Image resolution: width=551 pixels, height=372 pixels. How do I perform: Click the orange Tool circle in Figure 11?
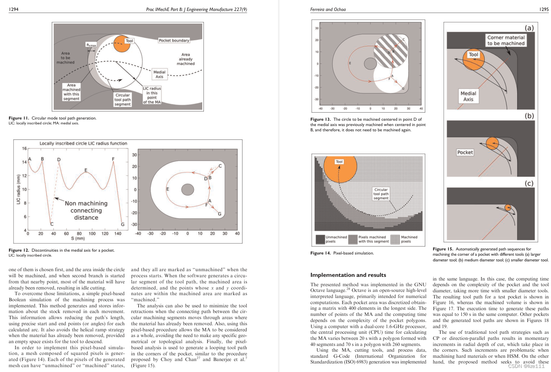(x=122, y=44)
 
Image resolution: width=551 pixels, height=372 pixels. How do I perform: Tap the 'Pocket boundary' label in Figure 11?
(x=174, y=40)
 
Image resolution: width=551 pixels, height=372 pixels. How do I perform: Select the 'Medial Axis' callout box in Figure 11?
(x=160, y=74)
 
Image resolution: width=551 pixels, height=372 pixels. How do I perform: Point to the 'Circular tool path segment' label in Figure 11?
(x=122, y=100)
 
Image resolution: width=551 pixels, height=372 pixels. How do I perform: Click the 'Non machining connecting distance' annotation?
(x=86, y=210)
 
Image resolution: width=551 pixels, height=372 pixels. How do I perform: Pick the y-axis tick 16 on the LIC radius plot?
(x=24, y=148)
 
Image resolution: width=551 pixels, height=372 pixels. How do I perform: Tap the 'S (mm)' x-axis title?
(x=78, y=238)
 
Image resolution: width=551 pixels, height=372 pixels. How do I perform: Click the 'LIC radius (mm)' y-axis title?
(x=18, y=189)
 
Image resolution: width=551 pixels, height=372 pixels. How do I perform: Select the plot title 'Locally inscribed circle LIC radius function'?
(x=83, y=143)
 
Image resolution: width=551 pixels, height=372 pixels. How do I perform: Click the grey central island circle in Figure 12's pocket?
(x=188, y=190)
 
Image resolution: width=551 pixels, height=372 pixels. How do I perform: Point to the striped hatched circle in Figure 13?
(x=391, y=51)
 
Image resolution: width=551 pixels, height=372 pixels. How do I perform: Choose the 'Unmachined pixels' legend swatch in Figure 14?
(x=320, y=239)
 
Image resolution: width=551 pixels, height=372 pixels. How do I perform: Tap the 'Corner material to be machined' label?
(x=506, y=40)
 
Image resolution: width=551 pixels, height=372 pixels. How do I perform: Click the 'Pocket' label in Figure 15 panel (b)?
(x=465, y=152)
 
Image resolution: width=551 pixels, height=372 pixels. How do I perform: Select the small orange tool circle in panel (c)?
(x=508, y=208)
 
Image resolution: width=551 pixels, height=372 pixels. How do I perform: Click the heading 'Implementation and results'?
(x=348, y=275)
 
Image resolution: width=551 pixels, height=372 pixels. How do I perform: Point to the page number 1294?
(x=13, y=9)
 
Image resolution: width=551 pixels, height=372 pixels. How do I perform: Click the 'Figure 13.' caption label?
(x=321, y=120)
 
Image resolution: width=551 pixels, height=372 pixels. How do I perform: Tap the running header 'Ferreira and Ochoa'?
(x=328, y=9)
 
